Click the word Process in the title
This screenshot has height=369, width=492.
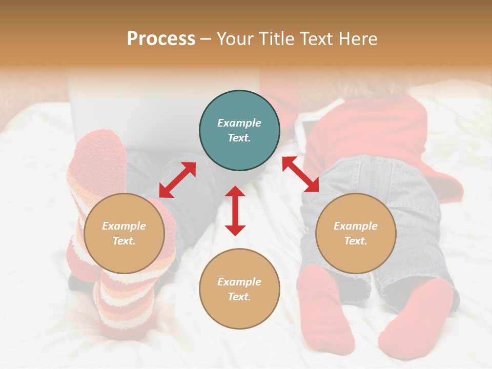tap(161, 39)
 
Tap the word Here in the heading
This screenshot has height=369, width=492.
tap(357, 39)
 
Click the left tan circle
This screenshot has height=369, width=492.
tap(124, 233)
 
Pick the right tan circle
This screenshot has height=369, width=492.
tap(356, 233)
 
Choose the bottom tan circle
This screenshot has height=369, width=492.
tap(239, 289)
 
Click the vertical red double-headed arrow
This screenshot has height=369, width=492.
tap(235, 211)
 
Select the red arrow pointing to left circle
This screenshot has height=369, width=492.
tap(177, 180)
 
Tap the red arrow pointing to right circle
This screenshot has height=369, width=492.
tap(300, 174)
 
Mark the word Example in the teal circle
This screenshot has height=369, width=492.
tap(239, 123)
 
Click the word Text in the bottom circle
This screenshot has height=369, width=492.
tap(239, 297)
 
